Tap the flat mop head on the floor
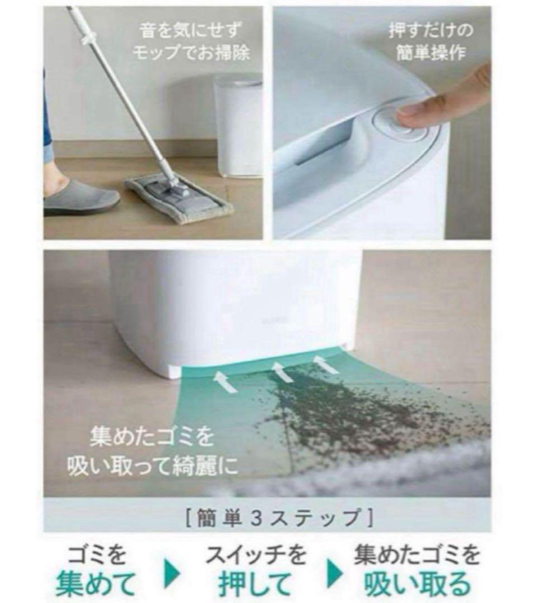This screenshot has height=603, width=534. point(179,198)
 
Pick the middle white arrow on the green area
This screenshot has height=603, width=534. point(282,371)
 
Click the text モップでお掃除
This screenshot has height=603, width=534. point(191,53)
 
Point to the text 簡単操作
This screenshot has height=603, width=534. point(431,53)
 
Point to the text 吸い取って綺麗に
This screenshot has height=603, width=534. point(153,466)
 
